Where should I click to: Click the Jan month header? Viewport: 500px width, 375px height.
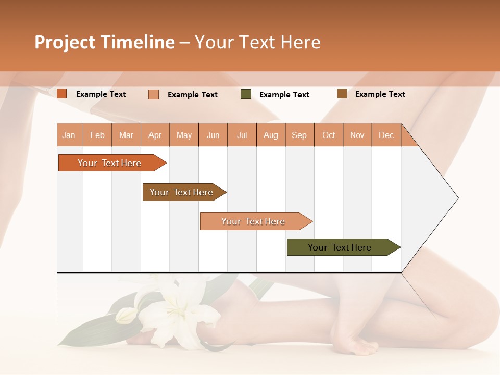69,135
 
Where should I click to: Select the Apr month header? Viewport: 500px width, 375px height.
155,135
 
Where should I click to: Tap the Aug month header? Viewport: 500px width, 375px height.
271,135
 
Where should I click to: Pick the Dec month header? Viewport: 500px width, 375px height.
386,135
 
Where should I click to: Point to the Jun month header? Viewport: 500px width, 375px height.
213,135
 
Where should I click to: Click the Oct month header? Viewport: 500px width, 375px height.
329,135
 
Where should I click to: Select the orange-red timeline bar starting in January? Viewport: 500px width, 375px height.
109,163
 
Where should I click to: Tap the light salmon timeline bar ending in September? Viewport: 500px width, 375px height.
253,221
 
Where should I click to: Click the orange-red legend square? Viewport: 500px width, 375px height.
62,94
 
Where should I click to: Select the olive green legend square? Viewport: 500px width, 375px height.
246,94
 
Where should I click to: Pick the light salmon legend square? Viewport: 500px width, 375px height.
154,94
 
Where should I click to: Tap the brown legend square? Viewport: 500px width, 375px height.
342,94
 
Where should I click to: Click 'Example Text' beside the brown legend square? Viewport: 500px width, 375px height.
380,94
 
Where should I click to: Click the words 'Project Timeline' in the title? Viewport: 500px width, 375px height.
105,42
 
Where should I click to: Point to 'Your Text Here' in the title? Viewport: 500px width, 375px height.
257,42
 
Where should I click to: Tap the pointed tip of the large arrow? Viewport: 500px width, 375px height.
457,198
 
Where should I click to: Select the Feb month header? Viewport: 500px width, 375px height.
97,135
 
